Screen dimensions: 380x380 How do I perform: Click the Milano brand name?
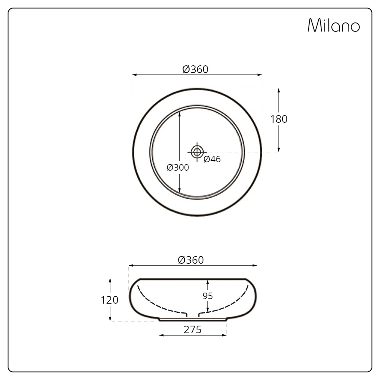tap(333, 25)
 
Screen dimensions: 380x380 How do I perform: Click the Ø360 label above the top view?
tap(195, 69)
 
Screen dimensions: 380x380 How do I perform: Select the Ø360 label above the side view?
tap(191, 260)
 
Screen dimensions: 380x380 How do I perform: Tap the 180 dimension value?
tap(279, 119)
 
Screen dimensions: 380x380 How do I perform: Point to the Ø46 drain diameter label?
tap(212, 159)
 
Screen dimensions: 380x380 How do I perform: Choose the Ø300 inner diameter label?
tap(177, 168)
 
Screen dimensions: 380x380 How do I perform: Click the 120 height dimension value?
tap(109, 300)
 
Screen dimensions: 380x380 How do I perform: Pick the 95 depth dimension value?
tap(208, 296)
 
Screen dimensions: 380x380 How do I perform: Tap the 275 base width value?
tap(193, 330)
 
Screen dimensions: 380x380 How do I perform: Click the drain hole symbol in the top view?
tap(197, 152)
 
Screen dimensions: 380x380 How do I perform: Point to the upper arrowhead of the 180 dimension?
tap(279, 91)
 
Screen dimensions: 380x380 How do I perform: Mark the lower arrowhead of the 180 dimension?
tap(279, 149)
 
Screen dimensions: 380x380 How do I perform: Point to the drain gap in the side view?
tap(193, 315)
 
